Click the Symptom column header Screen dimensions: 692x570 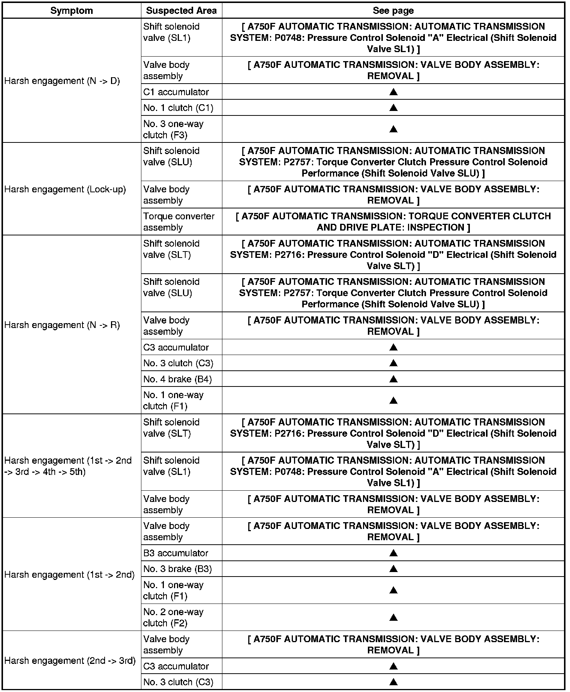tap(72, 10)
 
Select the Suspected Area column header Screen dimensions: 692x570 tap(181, 10)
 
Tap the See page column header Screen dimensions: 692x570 tap(393, 10)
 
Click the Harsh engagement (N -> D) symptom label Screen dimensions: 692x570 tap(62, 81)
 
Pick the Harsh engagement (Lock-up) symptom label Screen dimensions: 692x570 tap(65, 189)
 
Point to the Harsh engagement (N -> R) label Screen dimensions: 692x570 tap(62, 325)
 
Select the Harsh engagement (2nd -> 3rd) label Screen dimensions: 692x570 tap(70, 661)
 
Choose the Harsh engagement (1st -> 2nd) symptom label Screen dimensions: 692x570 tap(69, 575)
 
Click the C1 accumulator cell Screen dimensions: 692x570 tap(176, 92)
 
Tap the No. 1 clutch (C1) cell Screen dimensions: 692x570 tap(178, 108)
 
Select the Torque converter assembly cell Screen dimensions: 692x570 tap(179, 222)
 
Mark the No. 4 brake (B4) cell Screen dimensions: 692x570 tap(177, 379)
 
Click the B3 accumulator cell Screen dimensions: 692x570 tap(175, 553)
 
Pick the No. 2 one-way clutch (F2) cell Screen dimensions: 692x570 tap(173, 617)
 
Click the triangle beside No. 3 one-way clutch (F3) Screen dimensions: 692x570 tap(393, 129)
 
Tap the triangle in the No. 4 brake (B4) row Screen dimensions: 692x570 tap(393, 379)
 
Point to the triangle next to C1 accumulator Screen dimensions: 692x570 tap(393, 92)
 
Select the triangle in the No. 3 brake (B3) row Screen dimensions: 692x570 tap(393, 569)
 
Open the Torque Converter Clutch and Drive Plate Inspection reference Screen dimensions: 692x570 tap(393, 222)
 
